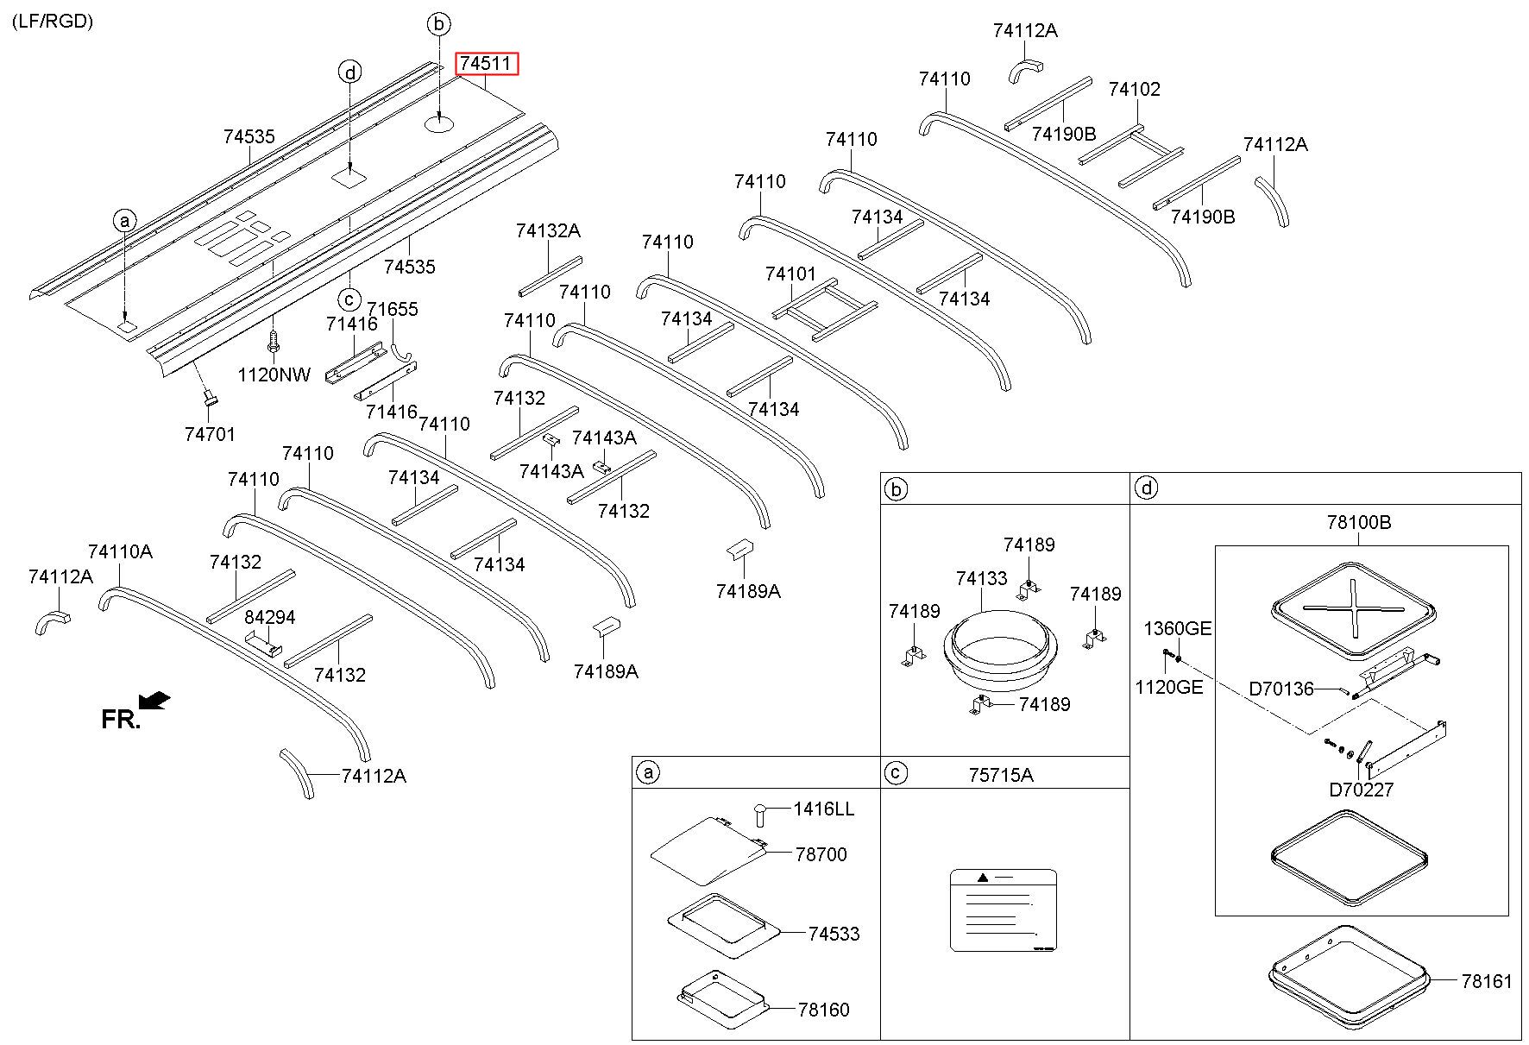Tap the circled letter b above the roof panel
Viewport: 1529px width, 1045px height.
439,24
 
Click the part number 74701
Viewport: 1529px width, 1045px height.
210,435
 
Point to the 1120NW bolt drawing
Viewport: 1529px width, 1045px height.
275,341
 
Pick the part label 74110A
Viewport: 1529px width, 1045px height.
121,551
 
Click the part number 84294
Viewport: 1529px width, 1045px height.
270,618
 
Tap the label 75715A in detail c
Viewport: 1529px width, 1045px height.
1001,775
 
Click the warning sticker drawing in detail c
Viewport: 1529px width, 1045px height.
1004,910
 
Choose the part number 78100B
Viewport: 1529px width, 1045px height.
1359,523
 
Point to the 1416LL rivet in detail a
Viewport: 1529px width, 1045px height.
760,813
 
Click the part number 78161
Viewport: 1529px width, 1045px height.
1487,981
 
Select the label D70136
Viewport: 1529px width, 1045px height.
1281,689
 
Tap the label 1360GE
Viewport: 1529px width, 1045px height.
1178,628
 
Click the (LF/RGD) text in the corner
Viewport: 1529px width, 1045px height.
53,22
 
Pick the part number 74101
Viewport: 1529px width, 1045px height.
790,274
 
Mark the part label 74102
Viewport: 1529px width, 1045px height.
1135,90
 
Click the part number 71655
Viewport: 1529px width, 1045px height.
393,309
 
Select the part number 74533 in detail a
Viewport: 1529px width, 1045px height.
834,934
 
